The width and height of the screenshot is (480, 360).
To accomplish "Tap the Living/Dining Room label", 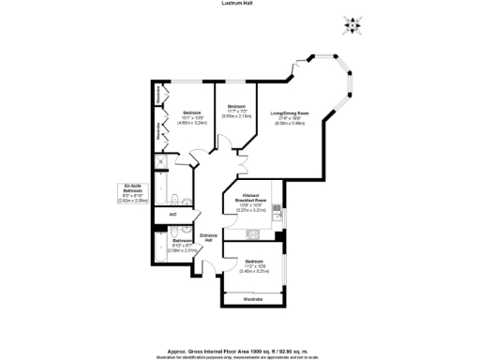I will coord(290,113).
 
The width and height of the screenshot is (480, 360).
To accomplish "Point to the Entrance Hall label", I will coord(209,238).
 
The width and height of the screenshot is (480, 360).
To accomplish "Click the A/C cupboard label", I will coord(172,216).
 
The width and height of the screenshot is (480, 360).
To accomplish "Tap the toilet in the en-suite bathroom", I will coord(176,200).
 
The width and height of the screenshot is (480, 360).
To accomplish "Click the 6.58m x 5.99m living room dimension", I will coord(290,123).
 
